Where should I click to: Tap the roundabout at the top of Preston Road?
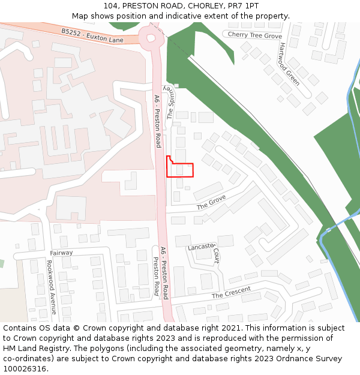pyautogui.click(x=151, y=38)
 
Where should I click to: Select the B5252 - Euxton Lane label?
pyautogui.click(x=92, y=35)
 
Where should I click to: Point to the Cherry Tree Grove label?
pyautogui.click(x=254, y=35)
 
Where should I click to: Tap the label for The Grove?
pyautogui.click(x=211, y=202)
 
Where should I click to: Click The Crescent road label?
pyautogui.click(x=231, y=293)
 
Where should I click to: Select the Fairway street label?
pyautogui.click(x=61, y=253)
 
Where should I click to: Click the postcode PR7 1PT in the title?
pyautogui.click(x=243, y=6)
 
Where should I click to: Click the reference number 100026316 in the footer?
pyautogui.click(x=25, y=369)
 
